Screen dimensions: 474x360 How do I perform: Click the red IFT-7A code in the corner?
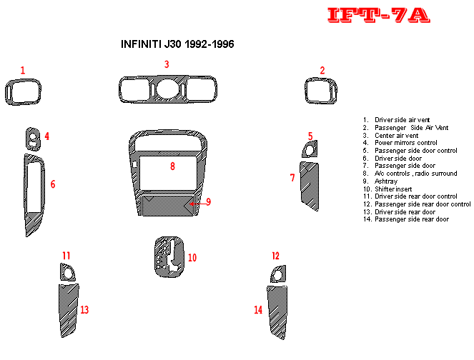pos(378,15)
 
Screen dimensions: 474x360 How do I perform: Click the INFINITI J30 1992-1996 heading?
pos(177,44)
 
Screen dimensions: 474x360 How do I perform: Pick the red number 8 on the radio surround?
pos(172,166)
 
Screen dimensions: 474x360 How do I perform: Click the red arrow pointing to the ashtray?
pos(198,204)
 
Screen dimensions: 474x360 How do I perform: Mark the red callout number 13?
pos(84,309)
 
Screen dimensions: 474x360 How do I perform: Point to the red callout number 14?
pos(258,309)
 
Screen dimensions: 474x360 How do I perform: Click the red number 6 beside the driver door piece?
pos(53,184)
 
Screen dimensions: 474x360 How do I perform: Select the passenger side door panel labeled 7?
pos(310,186)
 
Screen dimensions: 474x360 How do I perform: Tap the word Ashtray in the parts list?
pos(386,181)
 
